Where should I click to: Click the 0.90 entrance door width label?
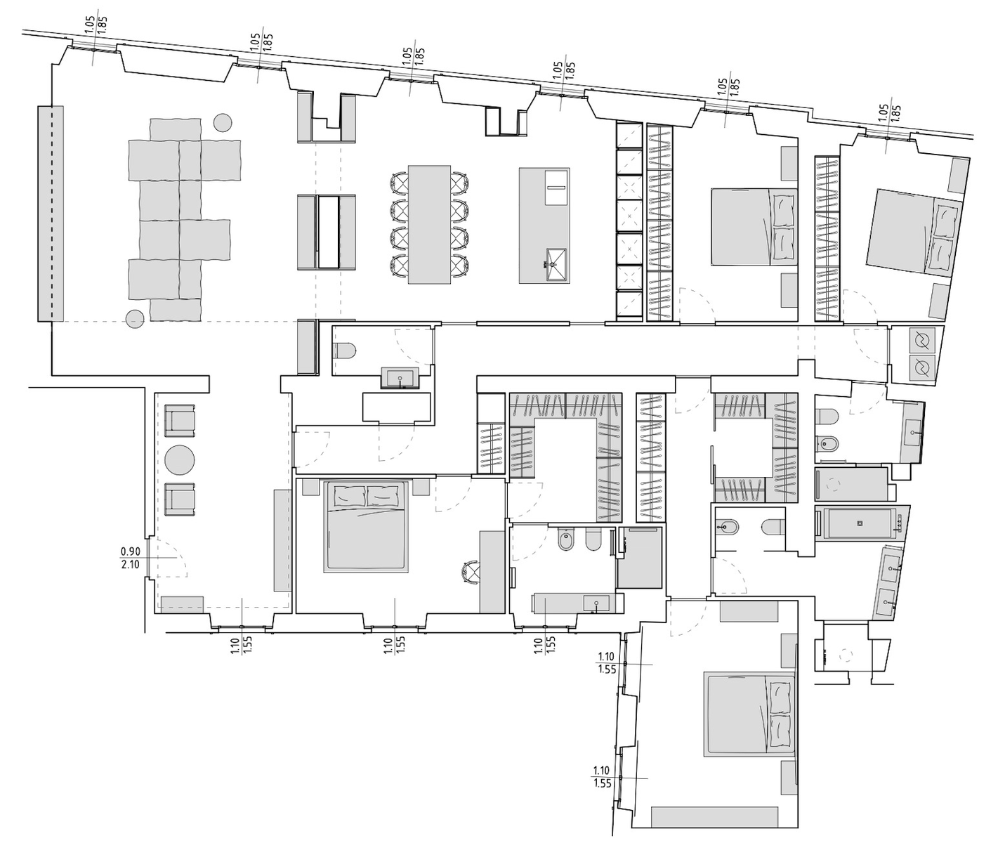[130, 551]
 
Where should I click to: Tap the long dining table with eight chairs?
[429, 225]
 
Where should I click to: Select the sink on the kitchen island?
[556, 264]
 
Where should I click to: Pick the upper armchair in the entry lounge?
[180, 420]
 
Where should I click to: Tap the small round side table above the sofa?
[223, 122]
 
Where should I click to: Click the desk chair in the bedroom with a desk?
[471, 573]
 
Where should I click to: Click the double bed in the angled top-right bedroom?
[914, 233]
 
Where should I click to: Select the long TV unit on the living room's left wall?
[51, 214]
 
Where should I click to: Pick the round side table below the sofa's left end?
[134, 318]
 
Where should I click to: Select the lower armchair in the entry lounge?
[180, 499]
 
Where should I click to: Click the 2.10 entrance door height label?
[130, 564]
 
